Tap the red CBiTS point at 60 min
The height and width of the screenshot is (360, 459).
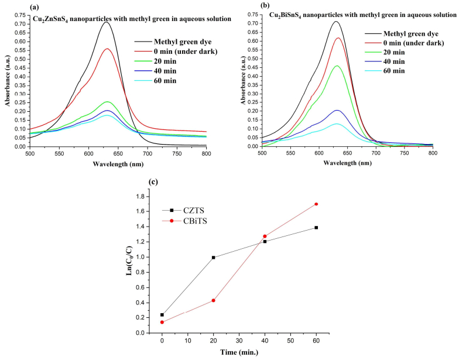pyautogui.click(x=316, y=204)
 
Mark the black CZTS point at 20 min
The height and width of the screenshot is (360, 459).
pyautogui.click(x=214, y=257)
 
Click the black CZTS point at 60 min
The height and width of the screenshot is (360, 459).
pyautogui.click(x=316, y=227)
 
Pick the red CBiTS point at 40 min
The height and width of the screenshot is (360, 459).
pyautogui.click(x=265, y=236)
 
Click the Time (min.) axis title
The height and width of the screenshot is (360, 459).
pyautogui.click(x=239, y=353)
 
